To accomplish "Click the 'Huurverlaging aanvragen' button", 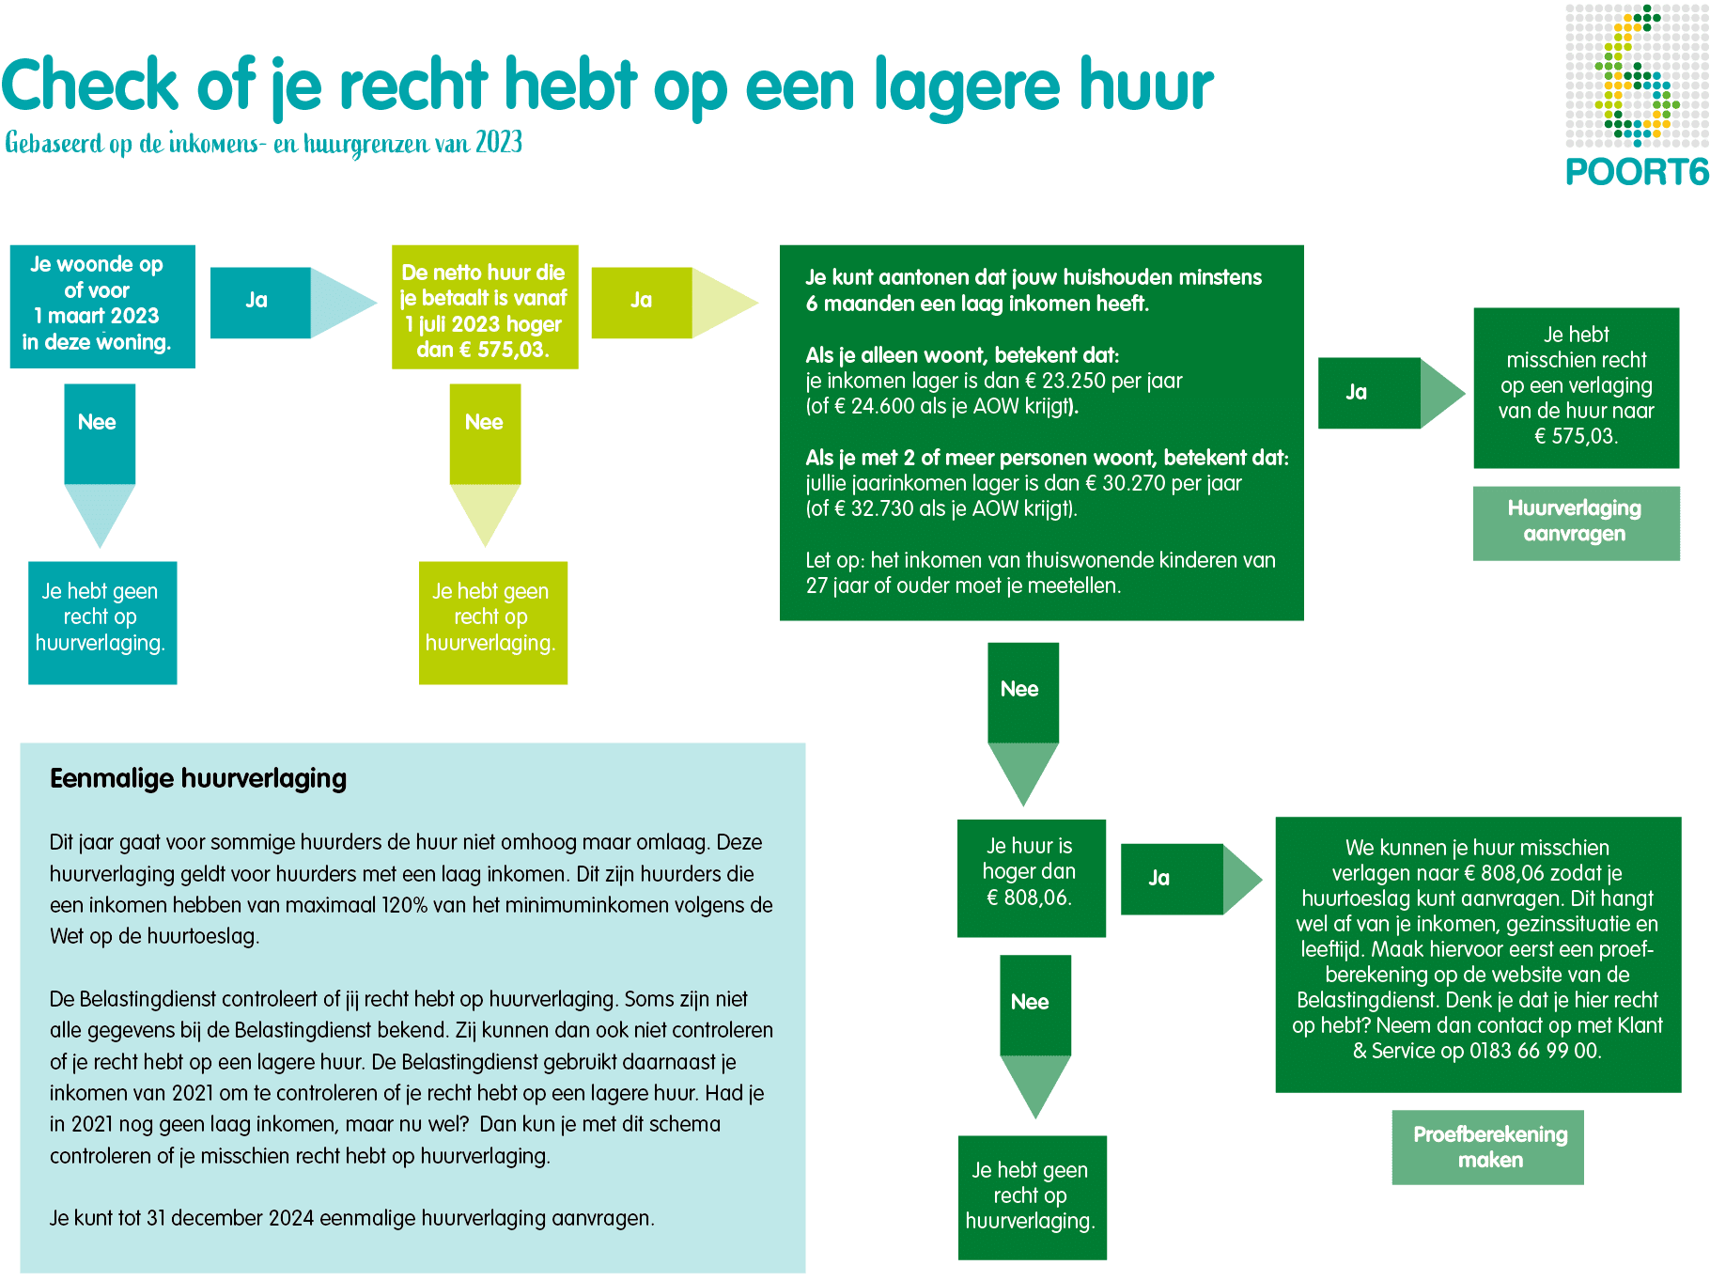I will (1575, 522).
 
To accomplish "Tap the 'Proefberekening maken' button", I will (1488, 1147).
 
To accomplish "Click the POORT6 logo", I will (1636, 94).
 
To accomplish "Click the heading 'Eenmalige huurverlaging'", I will (198, 778).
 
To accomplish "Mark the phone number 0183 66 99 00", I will (1533, 1051).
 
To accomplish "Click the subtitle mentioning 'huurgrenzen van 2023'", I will (263, 143).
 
